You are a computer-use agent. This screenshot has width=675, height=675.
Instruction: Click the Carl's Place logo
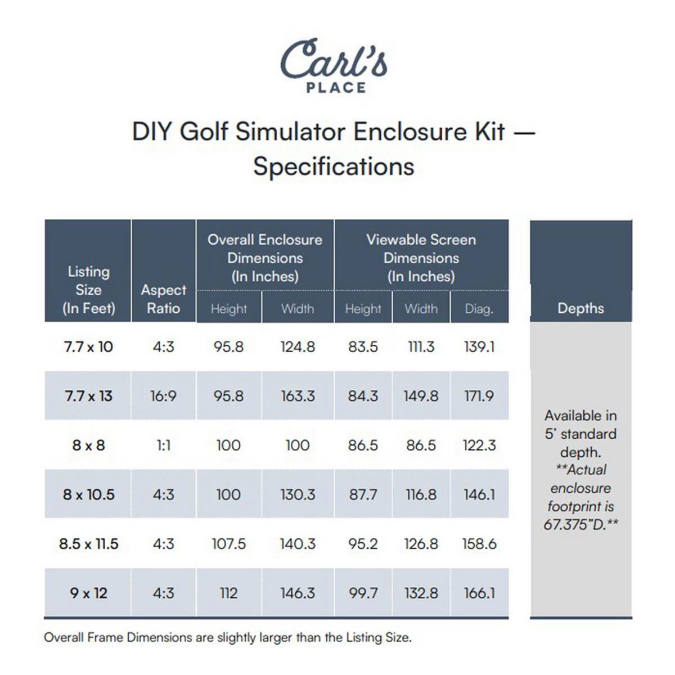(334, 65)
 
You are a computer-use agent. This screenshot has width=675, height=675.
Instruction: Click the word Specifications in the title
(334, 166)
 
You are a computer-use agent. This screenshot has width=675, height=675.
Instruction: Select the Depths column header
(580, 308)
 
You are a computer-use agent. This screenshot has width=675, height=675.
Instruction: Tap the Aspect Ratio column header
(163, 299)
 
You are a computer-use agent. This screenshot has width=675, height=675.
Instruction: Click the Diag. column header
(479, 309)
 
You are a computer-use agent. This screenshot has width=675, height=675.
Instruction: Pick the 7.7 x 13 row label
(88, 396)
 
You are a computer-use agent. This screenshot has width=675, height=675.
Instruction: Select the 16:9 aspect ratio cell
(163, 396)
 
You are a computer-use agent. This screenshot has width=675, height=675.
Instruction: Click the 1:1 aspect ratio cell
(163, 445)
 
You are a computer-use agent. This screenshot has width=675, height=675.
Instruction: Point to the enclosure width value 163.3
(298, 396)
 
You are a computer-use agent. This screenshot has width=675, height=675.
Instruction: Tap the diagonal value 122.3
(479, 445)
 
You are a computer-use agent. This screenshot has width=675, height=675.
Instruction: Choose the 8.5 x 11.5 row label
(88, 544)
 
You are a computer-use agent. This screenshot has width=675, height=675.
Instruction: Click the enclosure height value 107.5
(228, 544)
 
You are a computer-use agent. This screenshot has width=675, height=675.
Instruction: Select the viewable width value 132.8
(421, 593)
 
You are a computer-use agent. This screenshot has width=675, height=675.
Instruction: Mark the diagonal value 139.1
(479, 346)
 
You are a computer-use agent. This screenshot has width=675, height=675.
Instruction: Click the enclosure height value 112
(228, 593)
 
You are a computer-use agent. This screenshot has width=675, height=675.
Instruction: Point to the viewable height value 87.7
(363, 494)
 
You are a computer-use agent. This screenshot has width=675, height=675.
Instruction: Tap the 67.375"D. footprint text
(580, 524)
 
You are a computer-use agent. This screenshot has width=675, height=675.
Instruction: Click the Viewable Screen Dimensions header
(421, 258)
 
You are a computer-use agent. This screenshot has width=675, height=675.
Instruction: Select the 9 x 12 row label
(88, 593)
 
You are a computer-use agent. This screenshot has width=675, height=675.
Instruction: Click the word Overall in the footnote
(61, 637)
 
